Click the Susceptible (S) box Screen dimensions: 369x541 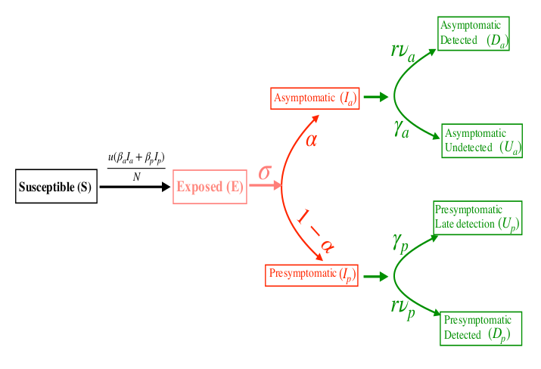56,188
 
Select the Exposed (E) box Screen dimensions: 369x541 210,188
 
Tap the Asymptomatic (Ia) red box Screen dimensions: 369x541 314,98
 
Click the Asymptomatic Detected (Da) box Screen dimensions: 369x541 473,34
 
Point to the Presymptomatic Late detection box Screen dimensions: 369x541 477,218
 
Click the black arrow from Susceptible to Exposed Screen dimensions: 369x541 135,187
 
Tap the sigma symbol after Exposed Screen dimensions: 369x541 264,172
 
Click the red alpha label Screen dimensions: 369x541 311,140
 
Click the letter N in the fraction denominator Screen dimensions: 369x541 136,176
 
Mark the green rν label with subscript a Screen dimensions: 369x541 402,51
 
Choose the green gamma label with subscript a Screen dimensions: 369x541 401,129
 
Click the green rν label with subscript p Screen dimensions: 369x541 402,306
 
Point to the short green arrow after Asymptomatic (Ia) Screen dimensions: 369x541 375,97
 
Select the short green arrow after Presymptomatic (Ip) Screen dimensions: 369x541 375,277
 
